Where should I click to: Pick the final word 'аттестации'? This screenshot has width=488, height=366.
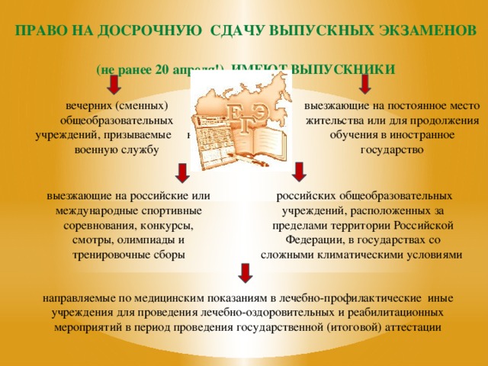(x=413, y=326)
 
